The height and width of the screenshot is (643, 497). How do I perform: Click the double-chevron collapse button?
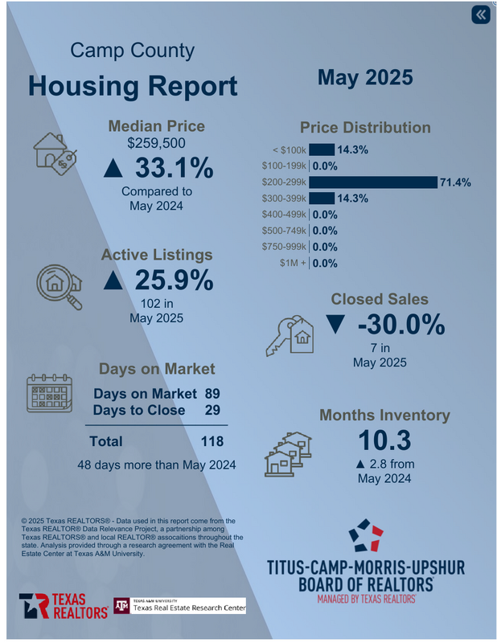pos(480,15)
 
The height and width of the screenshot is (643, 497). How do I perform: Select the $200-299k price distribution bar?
pos(373,182)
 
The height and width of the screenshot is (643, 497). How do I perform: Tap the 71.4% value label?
pos(455,182)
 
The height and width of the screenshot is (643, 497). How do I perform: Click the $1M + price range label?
pos(293,263)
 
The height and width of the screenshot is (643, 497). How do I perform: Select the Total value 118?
pos(212,441)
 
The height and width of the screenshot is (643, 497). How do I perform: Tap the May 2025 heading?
pos(364,77)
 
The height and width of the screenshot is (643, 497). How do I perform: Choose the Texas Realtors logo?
pos(64,605)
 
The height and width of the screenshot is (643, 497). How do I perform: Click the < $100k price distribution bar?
pos(322,149)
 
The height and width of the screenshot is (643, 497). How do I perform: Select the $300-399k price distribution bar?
pos(322,199)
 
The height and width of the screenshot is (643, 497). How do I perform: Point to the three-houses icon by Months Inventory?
pos(288,453)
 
